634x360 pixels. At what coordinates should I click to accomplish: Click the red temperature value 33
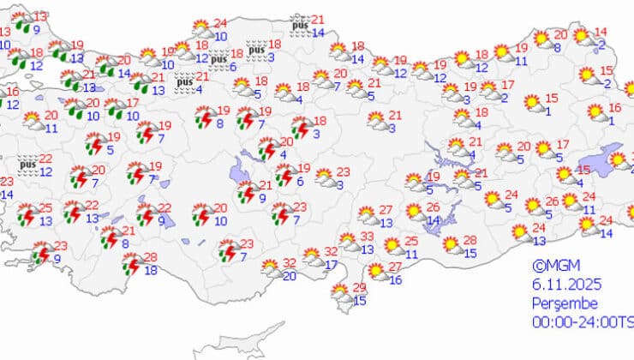pyautogui.click(x=366, y=237)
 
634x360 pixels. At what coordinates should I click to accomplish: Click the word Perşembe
pyautogui.click(x=560, y=303)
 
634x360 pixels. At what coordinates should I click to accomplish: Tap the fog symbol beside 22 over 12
pyautogui.click(x=27, y=164)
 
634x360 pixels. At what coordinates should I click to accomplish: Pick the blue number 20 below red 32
pyautogui.click(x=290, y=276)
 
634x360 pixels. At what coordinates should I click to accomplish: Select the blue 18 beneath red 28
pyautogui.click(x=152, y=271)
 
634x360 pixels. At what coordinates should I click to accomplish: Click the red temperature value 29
pyautogui.click(x=360, y=287)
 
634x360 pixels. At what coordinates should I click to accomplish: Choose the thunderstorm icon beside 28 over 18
pyautogui.click(x=131, y=264)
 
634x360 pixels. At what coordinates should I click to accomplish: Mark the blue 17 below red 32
pyautogui.click(x=332, y=265)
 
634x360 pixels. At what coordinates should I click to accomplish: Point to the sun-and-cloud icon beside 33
pyautogui.click(x=346, y=243)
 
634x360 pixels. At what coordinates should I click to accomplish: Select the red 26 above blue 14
pyautogui.click(x=434, y=207)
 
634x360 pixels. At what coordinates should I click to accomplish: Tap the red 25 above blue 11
pyautogui.click(x=411, y=242)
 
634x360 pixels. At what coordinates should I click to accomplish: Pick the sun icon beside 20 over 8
pyautogui.click(x=541, y=39)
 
